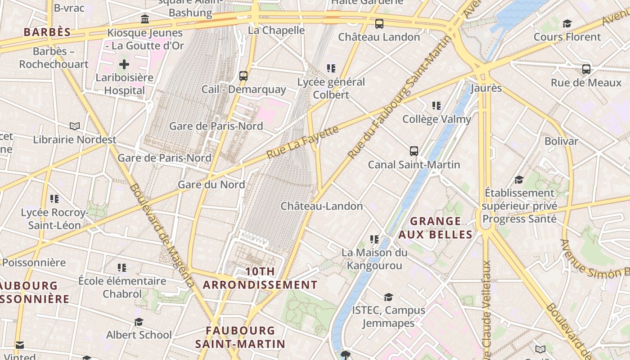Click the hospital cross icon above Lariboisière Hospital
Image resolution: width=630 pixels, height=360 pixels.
124,64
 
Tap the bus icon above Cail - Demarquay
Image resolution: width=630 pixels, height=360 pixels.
243,76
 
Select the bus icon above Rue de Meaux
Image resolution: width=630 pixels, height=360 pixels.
586,69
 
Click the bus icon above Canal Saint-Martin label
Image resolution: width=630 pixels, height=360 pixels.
414,151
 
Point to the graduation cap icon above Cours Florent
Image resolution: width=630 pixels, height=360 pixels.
567,23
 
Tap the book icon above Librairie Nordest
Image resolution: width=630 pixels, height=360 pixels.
75,126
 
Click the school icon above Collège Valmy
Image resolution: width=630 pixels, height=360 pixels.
436,106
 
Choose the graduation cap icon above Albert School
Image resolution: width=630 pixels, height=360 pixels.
139,322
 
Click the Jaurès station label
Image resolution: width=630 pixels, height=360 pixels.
486,88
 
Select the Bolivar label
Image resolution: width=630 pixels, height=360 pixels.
561,141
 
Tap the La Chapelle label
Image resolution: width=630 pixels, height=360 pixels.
276,31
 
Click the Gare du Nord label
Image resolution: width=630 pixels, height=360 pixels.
211,184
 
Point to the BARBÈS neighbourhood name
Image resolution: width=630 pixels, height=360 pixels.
47,32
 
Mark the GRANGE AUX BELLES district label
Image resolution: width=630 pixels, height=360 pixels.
436,228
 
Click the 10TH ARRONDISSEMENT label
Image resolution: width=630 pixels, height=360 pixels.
260,278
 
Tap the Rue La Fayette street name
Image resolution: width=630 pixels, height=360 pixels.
302,142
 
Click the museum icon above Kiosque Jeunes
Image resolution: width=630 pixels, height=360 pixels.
145,19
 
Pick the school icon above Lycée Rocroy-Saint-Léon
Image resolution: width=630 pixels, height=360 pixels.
54,198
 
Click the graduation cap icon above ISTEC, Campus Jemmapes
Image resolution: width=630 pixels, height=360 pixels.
388,297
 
